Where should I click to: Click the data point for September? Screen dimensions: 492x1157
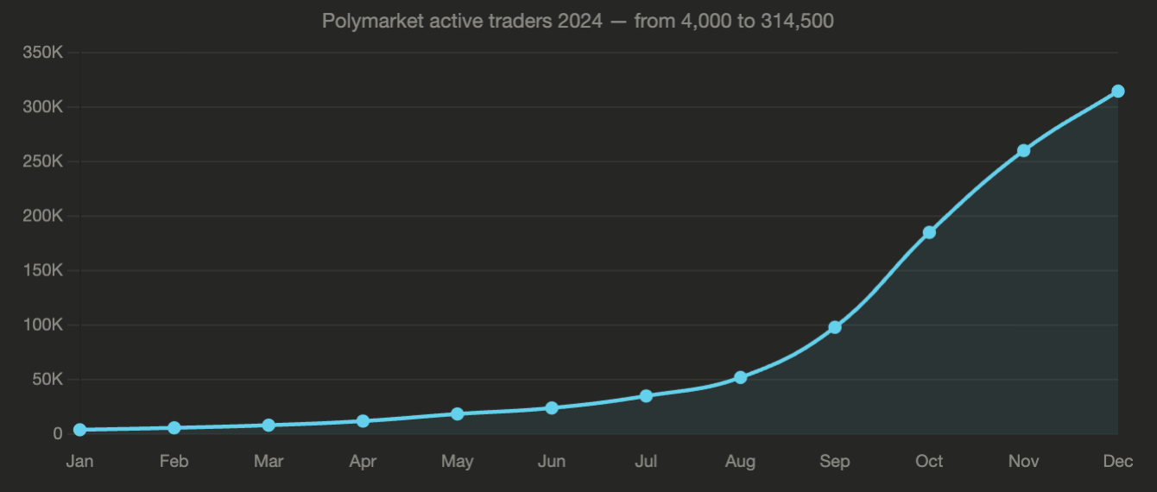point(835,327)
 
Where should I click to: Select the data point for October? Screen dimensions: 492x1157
point(929,232)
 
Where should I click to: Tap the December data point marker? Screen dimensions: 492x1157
point(1117,91)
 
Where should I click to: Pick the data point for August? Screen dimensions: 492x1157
point(740,377)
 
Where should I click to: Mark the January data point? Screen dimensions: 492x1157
point(80,430)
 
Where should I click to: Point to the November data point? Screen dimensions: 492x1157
point(1023,151)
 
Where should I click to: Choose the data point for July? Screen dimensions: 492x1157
point(646,395)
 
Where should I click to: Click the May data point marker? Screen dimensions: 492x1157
point(458,413)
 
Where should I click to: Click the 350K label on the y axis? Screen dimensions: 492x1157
point(43,53)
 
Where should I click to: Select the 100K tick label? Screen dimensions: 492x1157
point(43,325)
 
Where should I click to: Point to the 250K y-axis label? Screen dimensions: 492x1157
point(43,161)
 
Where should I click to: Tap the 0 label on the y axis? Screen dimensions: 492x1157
point(58,434)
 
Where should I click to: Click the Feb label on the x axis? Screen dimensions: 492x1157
point(174,462)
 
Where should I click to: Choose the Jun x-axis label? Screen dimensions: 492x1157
point(552,462)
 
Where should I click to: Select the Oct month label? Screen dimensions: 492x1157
point(929,462)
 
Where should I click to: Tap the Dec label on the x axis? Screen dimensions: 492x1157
point(1117,462)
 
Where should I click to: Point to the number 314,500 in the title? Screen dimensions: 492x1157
point(797,21)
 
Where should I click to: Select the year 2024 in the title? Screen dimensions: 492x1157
point(579,21)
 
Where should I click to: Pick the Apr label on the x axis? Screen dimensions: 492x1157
point(363,462)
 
